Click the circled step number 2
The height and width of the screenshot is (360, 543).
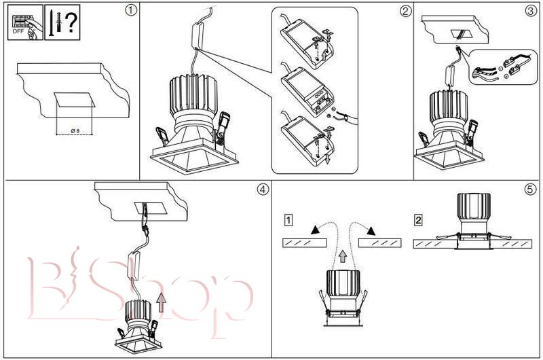405,10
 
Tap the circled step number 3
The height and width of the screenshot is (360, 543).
530,10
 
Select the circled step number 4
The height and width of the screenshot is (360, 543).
262,189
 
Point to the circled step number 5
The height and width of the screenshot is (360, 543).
530,189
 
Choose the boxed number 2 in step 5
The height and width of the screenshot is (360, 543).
419,220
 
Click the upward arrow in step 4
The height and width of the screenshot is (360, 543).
160,298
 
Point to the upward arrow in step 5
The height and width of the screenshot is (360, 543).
343,256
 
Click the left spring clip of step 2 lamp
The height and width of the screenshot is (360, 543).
162,134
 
